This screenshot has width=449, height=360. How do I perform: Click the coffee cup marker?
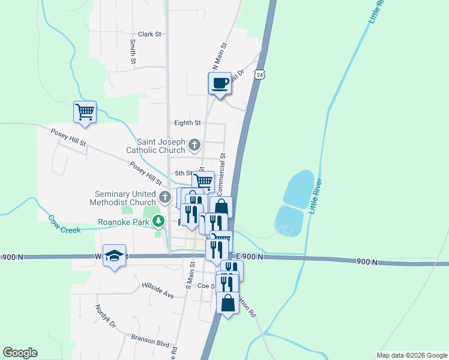pos(220,83)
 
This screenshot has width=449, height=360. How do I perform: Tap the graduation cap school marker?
pos(114,256)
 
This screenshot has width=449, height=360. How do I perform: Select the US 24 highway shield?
pos(259,74)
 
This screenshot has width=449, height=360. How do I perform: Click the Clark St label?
pos(149,34)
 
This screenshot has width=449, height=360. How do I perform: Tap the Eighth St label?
pos(187,123)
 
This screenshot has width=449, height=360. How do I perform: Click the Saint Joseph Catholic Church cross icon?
pos(194,145)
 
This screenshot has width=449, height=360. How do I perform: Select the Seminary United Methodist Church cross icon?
pos(165,196)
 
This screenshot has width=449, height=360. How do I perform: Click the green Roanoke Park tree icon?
pos(158,221)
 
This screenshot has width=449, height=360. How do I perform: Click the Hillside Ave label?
pos(157,293)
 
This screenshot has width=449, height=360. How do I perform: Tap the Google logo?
pos(20,353)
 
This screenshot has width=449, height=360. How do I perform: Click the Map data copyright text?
pos(412,355)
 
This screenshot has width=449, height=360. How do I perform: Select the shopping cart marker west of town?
pos(85,112)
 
